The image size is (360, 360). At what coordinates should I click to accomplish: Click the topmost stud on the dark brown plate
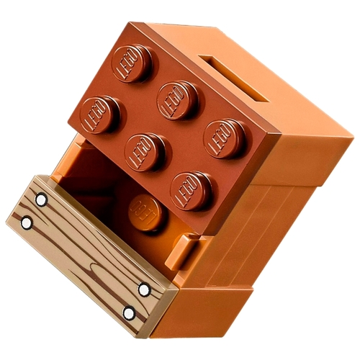pyautogui.click(x=132, y=63)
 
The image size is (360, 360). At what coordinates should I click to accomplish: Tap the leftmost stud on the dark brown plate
pyautogui.click(x=100, y=114)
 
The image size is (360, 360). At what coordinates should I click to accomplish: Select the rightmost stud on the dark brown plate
pyautogui.click(x=225, y=139)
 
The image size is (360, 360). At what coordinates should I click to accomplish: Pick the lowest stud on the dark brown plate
pyautogui.click(x=192, y=191)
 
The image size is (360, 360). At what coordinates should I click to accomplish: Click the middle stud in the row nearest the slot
pyautogui.click(x=178, y=100)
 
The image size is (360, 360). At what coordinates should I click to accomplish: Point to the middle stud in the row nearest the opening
pyautogui.click(x=145, y=152)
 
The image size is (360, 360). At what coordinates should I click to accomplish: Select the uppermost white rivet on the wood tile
pyautogui.click(x=41, y=199)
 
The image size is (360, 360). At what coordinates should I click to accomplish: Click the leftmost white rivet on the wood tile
pyautogui.click(x=27, y=223)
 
